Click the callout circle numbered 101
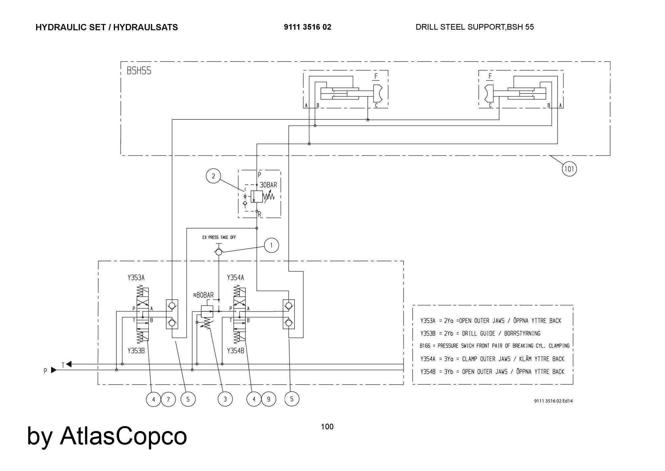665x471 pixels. pyautogui.click(x=569, y=169)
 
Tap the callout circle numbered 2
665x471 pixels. pyautogui.click(x=213, y=176)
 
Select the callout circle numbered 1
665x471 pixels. pyautogui.click(x=271, y=246)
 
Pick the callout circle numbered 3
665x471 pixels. pyautogui.click(x=225, y=399)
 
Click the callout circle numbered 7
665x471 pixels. pyautogui.click(x=168, y=399)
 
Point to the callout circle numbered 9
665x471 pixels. pyautogui.click(x=269, y=399)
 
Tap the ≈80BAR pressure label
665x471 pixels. pyautogui.click(x=203, y=295)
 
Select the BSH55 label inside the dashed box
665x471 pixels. pyautogui.click(x=139, y=71)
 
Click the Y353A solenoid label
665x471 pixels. pyautogui.click(x=136, y=278)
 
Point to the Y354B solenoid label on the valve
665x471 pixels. pyautogui.click(x=235, y=351)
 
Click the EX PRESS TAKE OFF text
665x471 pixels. pyautogui.click(x=219, y=237)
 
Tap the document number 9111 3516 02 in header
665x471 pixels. pyautogui.click(x=308, y=27)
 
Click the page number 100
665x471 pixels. pyautogui.click(x=327, y=427)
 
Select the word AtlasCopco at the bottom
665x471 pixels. pyautogui.click(x=123, y=436)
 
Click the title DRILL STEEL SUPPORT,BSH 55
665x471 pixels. pyautogui.click(x=474, y=27)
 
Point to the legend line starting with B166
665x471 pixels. pyautogui.click(x=494, y=346)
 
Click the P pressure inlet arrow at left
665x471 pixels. pyautogui.click(x=53, y=370)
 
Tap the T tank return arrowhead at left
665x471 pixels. pyautogui.click(x=68, y=364)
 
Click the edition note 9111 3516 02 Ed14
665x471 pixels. pyautogui.click(x=553, y=401)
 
